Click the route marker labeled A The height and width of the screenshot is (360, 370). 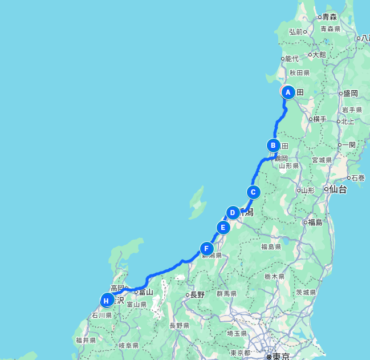[x=288, y=92]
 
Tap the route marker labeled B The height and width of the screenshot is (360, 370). [x=274, y=145]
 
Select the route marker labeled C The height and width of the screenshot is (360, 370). [x=253, y=192]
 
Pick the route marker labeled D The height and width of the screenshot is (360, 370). [x=232, y=213]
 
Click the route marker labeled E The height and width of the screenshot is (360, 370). [x=223, y=228]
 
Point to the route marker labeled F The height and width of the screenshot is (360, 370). [x=206, y=249]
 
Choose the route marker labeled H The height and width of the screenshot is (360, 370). [x=107, y=300]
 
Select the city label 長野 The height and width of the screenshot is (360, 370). [x=197, y=295]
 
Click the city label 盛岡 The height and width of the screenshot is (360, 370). [x=350, y=93]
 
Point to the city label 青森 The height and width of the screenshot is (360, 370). [x=330, y=17]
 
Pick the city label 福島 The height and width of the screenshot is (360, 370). [x=315, y=222]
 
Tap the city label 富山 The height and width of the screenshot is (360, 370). [x=146, y=292]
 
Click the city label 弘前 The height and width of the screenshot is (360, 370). [x=296, y=32]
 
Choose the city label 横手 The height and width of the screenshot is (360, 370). [x=319, y=119]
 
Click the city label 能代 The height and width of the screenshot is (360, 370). [x=291, y=59]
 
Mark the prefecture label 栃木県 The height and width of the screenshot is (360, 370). [x=275, y=276]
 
